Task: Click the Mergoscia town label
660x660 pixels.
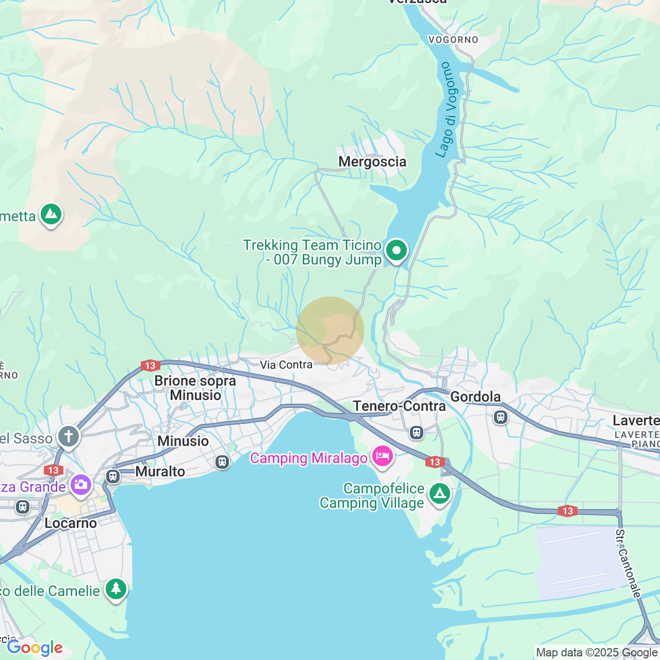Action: point(372,162)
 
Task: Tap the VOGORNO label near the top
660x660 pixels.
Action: point(453,40)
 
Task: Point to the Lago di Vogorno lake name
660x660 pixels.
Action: point(446,110)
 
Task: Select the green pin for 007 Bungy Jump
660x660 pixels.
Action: point(396,251)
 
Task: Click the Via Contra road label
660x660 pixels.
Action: point(286,365)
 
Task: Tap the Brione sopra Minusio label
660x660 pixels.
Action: point(195,388)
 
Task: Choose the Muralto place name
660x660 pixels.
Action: point(160,471)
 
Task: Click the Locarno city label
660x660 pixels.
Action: point(71,523)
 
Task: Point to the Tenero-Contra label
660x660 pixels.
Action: point(400,406)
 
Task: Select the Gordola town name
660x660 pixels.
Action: point(475,397)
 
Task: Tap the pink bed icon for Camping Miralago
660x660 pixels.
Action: point(382,456)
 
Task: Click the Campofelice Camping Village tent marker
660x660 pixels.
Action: point(439,493)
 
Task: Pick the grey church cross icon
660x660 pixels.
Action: point(69,436)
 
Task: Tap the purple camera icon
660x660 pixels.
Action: point(81,485)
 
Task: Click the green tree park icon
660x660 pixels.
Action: point(116,588)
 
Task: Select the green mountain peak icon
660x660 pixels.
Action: point(51,214)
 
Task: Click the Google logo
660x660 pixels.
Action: point(35,648)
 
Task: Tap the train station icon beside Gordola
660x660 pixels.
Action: point(501,417)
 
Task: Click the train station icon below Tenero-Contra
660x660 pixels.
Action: point(417,432)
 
